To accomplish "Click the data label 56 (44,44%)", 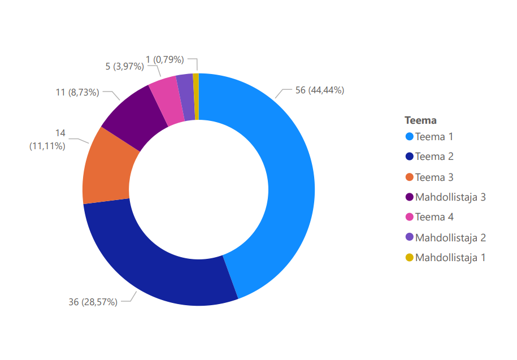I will point(320,90).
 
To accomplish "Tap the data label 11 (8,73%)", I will point(77,93).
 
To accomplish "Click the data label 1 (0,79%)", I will point(165,59).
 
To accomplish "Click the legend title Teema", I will point(420,120).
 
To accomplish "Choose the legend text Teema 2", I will point(435,157).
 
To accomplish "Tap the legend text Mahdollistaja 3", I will point(450,197).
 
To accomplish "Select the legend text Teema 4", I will point(435,217).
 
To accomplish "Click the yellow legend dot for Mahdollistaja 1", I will point(410,258).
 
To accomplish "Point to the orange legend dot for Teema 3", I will point(410,177).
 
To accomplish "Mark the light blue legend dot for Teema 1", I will point(410,137).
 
